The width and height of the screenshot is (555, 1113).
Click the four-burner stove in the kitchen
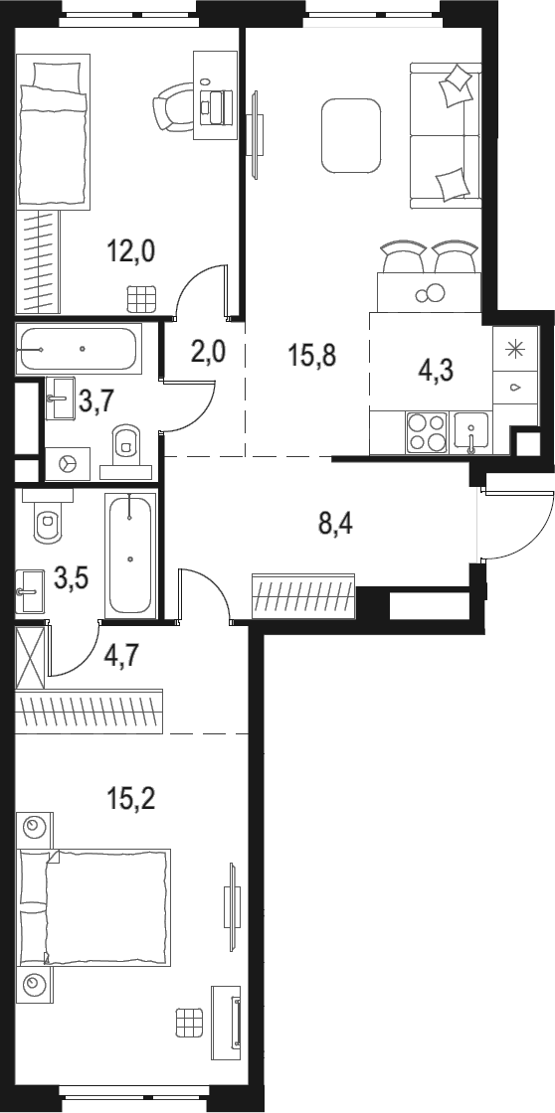coord(427,433)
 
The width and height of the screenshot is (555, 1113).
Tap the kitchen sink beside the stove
coord(470,433)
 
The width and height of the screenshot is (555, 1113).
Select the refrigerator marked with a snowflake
coord(514,349)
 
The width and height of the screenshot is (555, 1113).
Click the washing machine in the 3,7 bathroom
coord(68,463)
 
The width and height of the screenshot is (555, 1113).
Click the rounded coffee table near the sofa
coord(349,135)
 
